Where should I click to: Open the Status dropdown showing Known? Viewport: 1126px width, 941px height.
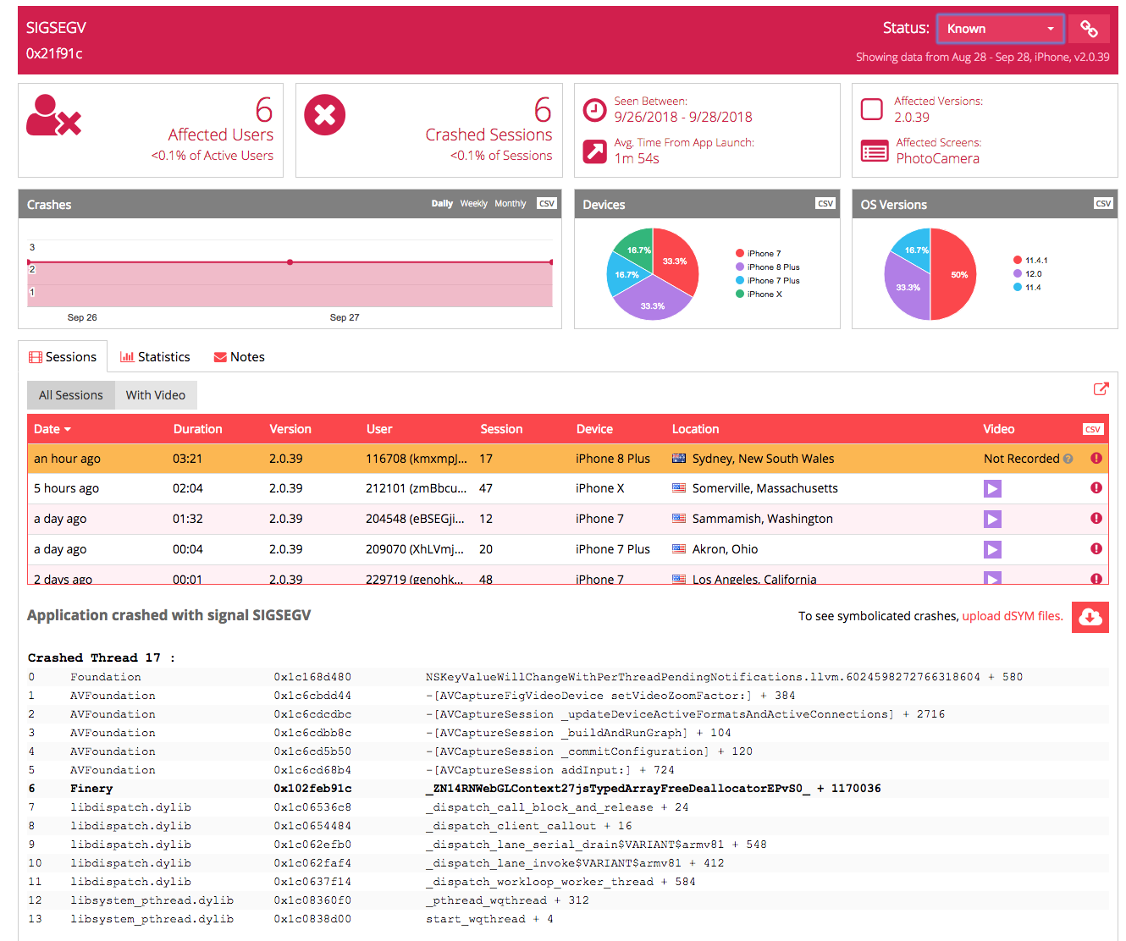click(x=1000, y=29)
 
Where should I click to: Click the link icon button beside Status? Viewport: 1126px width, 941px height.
click(x=1089, y=29)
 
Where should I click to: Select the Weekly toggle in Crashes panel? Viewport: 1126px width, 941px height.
click(x=473, y=204)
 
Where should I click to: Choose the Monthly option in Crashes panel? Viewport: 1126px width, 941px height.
click(x=510, y=204)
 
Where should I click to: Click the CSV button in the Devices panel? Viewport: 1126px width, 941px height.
click(x=825, y=203)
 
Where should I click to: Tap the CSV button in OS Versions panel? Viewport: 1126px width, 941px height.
click(x=1103, y=203)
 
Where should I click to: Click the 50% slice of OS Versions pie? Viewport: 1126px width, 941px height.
click(x=954, y=274)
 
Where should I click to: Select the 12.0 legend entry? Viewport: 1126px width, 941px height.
click(x=1033, y=274)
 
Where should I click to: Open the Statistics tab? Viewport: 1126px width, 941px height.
click(x=156, y=357)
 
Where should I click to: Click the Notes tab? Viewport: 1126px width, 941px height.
click(x=240, y=357)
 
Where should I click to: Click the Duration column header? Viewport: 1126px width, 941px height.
click(x=197, y=429)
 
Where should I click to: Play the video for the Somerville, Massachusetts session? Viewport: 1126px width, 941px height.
click(x=992, y=488)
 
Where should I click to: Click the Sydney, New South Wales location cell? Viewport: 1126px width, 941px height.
click(x=762, y=459)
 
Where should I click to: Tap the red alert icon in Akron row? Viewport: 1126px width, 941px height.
click(x=1096, y=548)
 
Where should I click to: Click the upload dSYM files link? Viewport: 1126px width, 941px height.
click(x=1013, y=616)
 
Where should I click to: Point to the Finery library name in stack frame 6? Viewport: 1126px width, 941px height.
click(x=91, y=789)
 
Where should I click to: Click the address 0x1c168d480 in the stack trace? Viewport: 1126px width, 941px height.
click(x=312, y=677)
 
